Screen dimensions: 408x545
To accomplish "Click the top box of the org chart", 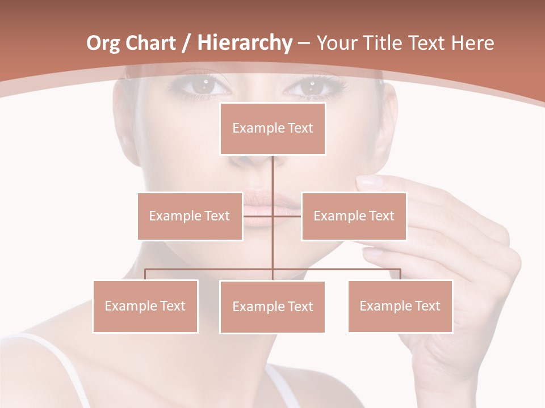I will coord(272,129).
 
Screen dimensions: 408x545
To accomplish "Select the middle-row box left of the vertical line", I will coord(190,216).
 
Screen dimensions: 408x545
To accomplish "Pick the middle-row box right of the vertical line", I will coord(354,216).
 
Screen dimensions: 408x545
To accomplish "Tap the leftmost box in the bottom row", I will coord(145,306).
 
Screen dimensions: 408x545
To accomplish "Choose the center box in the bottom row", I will coord(272,307).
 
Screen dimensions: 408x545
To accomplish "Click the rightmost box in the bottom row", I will coord(400,306).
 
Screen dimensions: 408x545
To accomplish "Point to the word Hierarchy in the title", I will coord(244,43).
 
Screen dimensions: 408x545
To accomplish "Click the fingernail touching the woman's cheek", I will coord(370,182).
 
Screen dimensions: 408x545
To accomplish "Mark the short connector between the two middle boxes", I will coord(272,216).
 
